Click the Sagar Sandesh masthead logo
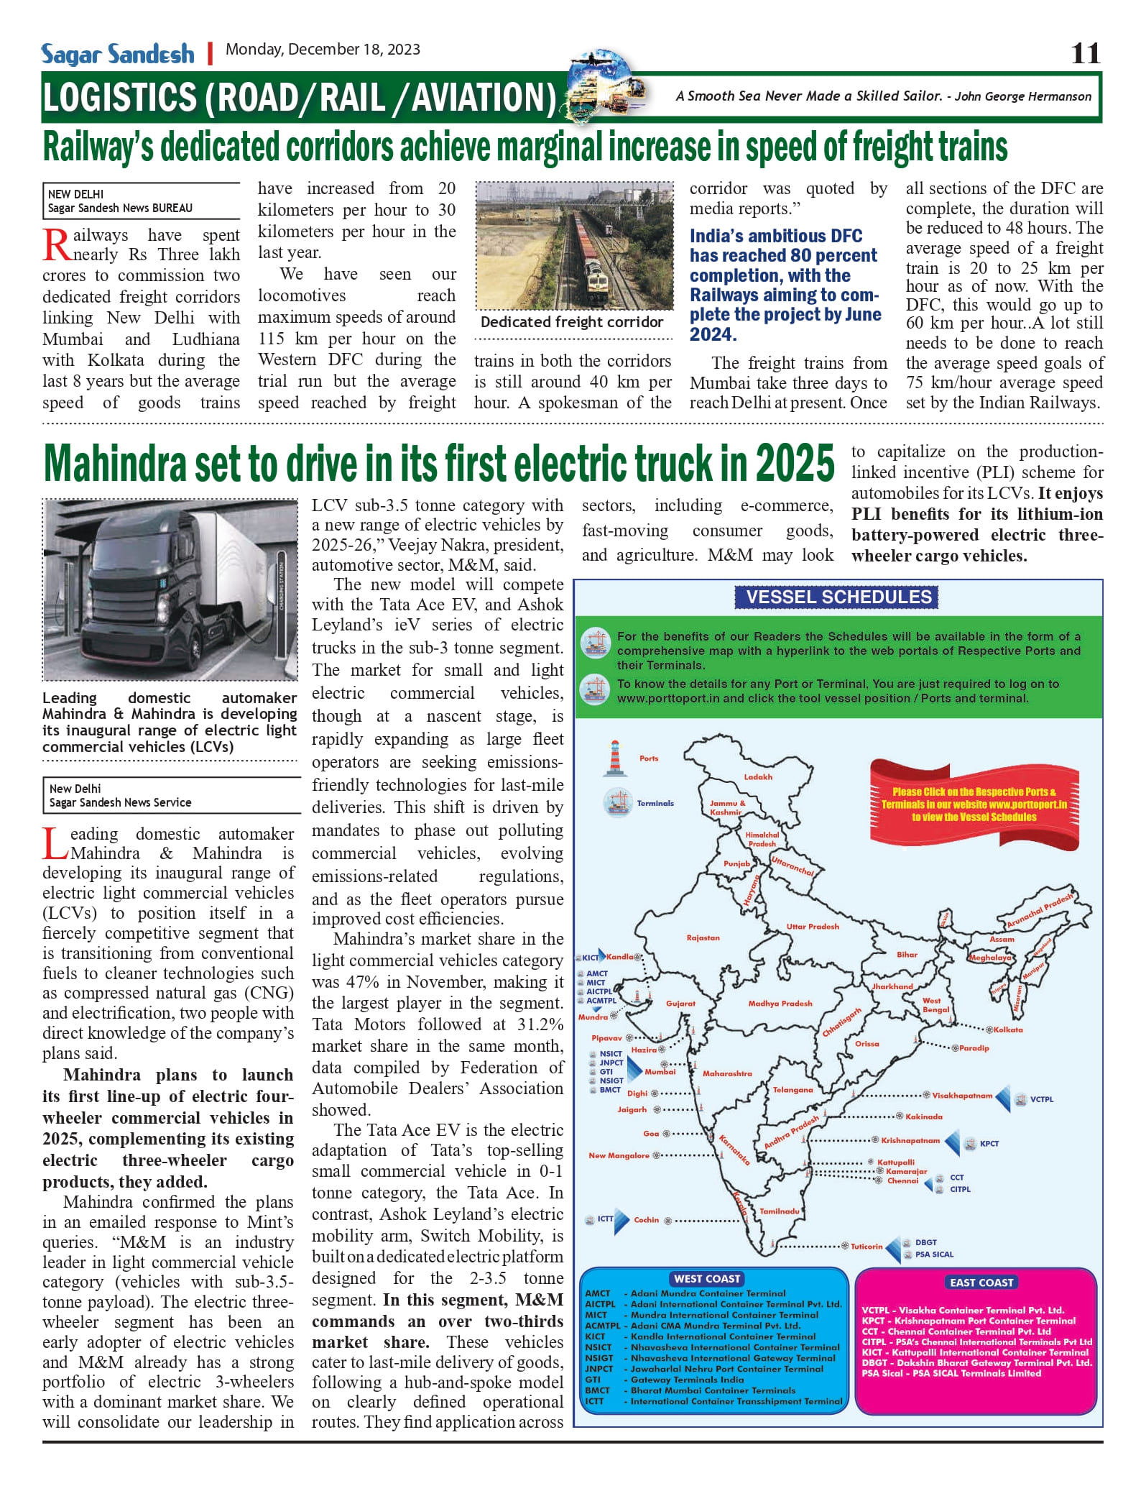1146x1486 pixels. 117,54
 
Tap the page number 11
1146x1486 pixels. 1085,53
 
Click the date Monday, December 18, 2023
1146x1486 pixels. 323,50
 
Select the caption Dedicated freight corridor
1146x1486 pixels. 572,322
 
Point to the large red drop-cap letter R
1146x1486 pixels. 56,245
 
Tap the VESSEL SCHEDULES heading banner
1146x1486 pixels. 838,597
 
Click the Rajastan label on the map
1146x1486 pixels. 703,938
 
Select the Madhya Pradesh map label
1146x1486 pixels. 780,1004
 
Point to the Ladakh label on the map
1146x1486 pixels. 758,777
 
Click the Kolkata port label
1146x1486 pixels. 1008,1030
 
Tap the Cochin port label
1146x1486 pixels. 646,1220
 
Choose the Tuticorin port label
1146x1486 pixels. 867,1247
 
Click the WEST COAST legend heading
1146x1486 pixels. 707,1279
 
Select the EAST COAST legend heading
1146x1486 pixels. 981,1283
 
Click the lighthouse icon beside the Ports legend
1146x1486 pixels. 614,758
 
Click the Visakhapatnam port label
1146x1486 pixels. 961,1096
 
